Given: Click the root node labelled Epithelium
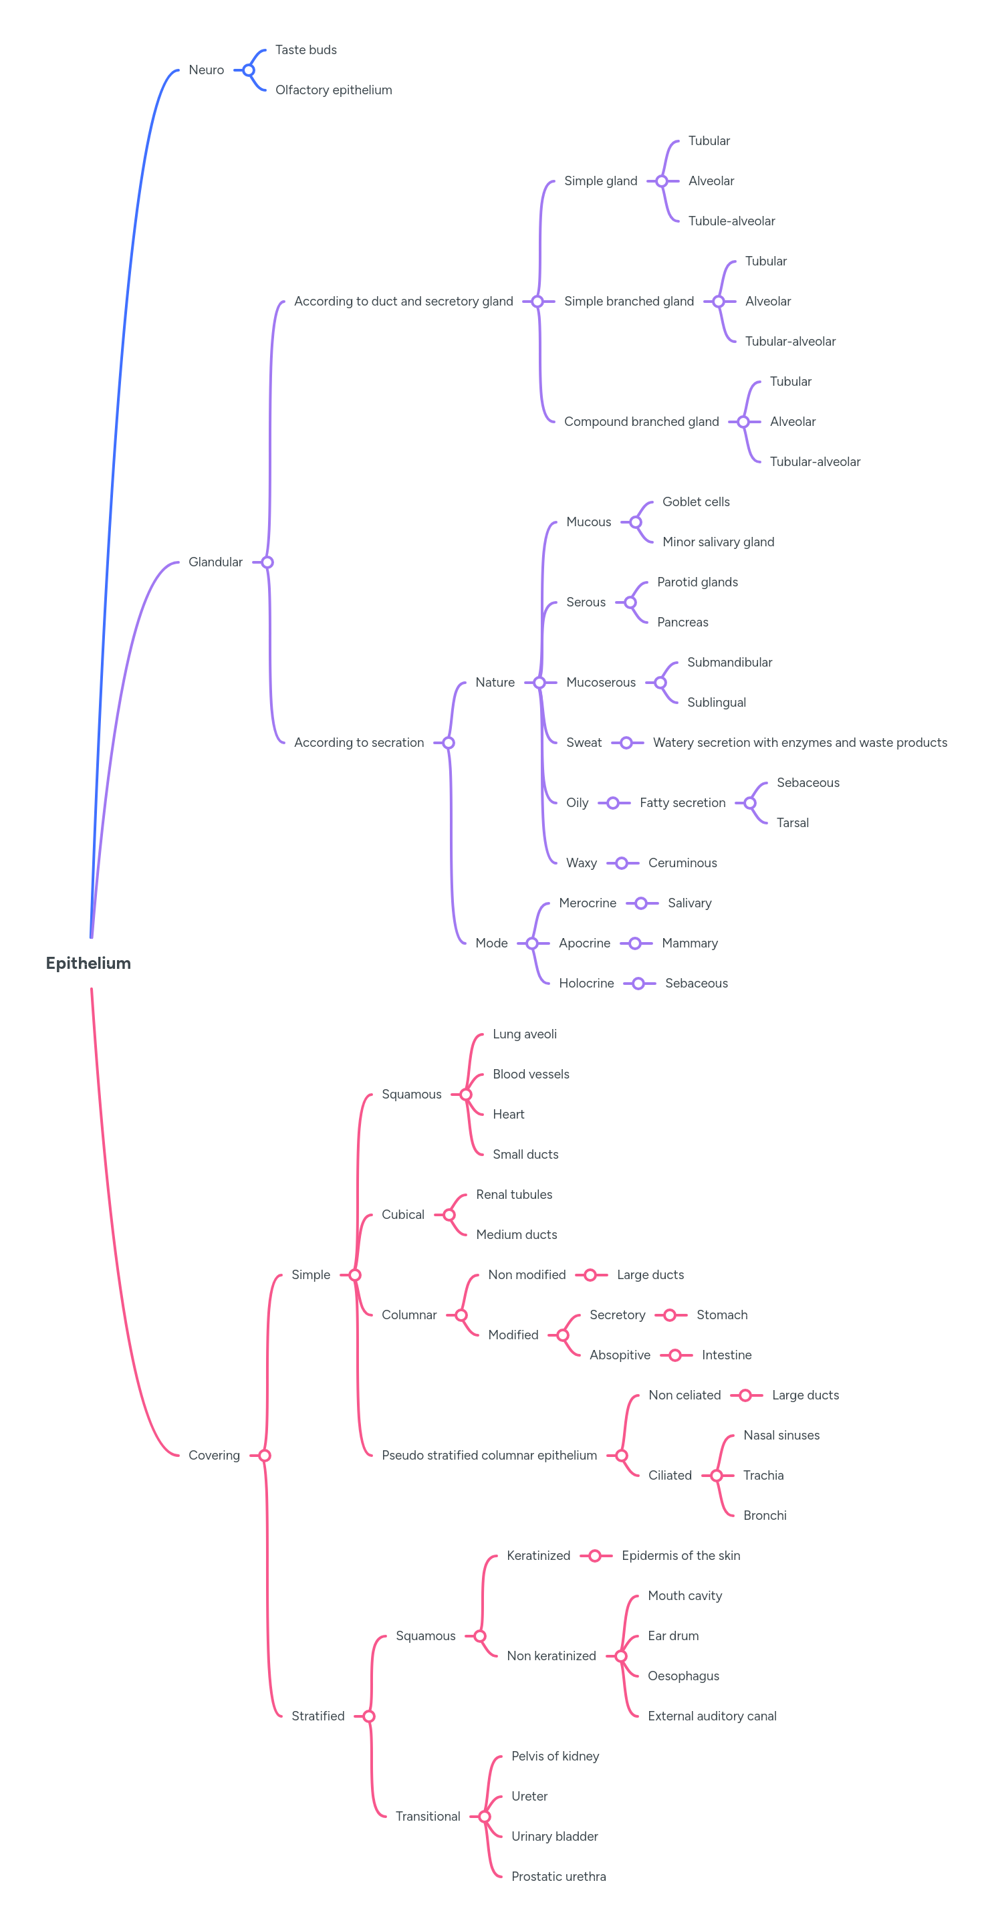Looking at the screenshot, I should pos(88,963).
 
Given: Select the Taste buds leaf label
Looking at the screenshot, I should pos(305,50).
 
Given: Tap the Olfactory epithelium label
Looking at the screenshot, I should pos(334,90).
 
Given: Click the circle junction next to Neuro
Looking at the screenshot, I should pos(249,70).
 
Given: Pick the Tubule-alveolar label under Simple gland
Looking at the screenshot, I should pos(731,221).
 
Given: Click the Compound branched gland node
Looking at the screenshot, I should pos(641,422).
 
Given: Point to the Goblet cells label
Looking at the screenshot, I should pos(695,502).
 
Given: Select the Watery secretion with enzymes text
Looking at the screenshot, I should pos(799,743).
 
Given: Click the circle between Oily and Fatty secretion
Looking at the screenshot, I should pos(613,802).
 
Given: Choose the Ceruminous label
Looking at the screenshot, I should pos(682,863).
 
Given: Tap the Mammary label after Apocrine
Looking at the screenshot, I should pos(689,943).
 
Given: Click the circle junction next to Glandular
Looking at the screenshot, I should pos(267,562).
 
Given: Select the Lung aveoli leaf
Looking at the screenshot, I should pos(524,1034).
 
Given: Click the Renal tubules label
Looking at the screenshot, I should pos(513,1195).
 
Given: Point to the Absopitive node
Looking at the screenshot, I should pos(619,1355).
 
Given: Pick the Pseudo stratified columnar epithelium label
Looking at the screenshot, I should pos(489,1455).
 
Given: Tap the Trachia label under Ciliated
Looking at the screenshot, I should pos(763,1475).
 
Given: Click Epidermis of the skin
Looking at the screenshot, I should pos(680,1555).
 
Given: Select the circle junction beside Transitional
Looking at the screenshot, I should pos(485,1816).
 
